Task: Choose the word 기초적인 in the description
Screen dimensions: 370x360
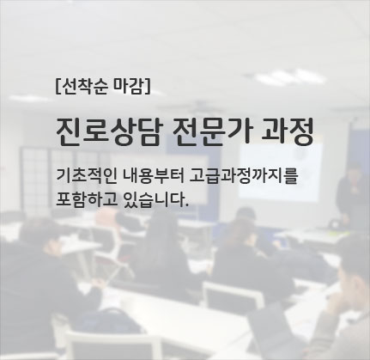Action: click(86, 177)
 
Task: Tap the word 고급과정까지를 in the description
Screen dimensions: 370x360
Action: click(244, 177)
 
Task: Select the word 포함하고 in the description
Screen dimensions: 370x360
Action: click(87, 199)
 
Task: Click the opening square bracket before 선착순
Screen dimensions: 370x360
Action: click(58, 87)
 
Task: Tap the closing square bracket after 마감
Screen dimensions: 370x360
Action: click(147, 87)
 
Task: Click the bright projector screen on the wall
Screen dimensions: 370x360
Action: click(281, 173)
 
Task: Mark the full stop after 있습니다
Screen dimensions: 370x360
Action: click(187, 205)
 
